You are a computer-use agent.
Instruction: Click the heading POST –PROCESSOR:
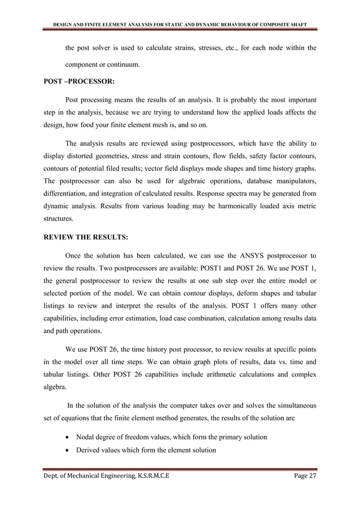pyautogui.click(x=79, y=80)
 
